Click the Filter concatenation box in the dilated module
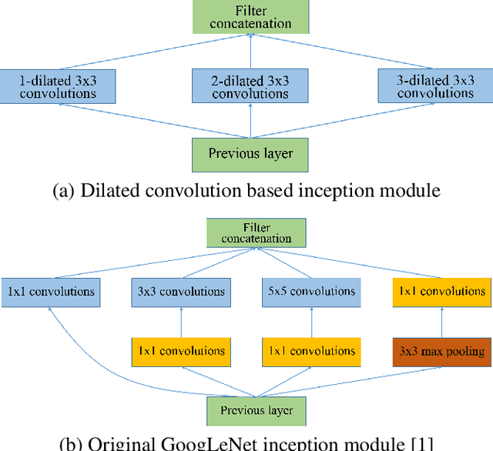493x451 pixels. (250, 17)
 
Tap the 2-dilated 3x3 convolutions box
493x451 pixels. (250, 86)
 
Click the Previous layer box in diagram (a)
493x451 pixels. (250, 153)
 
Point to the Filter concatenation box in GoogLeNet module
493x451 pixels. (257, 232)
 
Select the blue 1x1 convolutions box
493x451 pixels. (51, 292)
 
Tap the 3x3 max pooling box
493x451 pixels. (441, 352)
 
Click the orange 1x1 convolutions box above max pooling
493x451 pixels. (441, 292)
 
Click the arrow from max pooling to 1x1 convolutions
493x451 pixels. (441, 322)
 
